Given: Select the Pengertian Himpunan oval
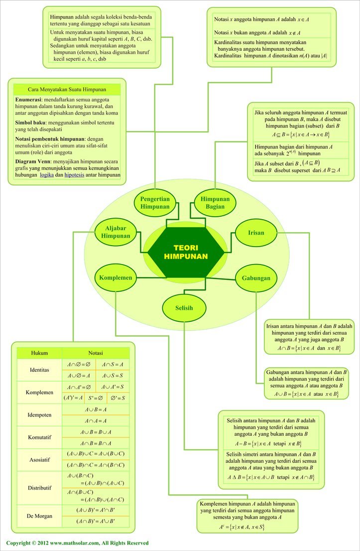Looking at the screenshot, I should [x=155, y=202].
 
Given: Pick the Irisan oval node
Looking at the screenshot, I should [x=256, y=233].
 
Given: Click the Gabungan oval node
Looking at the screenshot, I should [x=256, y=277].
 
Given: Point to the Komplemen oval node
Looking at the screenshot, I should [x=115, y=277].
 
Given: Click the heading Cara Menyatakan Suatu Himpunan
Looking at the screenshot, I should [x=66, y=89].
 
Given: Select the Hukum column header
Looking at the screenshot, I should [x=39, y=353].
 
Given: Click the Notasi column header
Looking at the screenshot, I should [x=95, y=353].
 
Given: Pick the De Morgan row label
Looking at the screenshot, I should [x=39, y=516].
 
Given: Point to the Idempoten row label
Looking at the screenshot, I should [x=39, y=415].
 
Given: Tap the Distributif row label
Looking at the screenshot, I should [x=39, y=488].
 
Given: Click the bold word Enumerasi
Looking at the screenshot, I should [x=28, y=100].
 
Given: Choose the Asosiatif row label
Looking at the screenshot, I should [x=39, y=460].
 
